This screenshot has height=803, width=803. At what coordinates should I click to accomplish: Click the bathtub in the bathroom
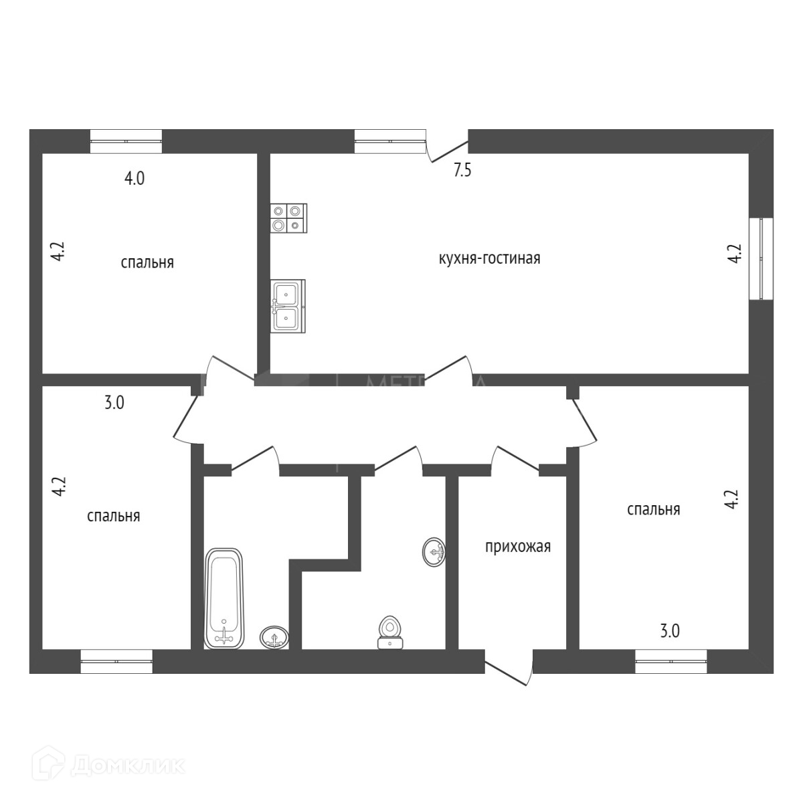[224, 598]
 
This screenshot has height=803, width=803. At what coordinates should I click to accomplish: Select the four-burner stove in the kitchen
[288, 218]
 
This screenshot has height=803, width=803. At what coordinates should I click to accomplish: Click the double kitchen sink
[288, 305]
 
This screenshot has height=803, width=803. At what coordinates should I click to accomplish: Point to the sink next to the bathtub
[274, 637]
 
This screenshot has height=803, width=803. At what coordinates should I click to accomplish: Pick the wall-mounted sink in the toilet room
[434, 552]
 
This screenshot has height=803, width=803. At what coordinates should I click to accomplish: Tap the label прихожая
[517, 547]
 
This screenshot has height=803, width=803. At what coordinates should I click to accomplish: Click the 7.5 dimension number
[462, 171]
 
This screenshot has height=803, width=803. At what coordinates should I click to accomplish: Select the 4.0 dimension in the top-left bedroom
[135, 179]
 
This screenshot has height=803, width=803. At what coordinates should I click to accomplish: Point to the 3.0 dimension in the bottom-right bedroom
[670, 631]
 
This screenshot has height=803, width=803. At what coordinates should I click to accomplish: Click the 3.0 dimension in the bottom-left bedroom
[114, 404]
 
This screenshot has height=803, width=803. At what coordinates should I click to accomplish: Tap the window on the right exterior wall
[761, 258]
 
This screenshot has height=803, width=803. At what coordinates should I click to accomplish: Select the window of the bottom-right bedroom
[671, 661]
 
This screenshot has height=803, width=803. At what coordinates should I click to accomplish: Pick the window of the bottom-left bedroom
[116, 661]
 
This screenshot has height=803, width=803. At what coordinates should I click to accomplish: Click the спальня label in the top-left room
[147, 262]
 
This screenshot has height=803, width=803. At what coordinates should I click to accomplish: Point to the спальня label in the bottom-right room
[653, 510]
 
